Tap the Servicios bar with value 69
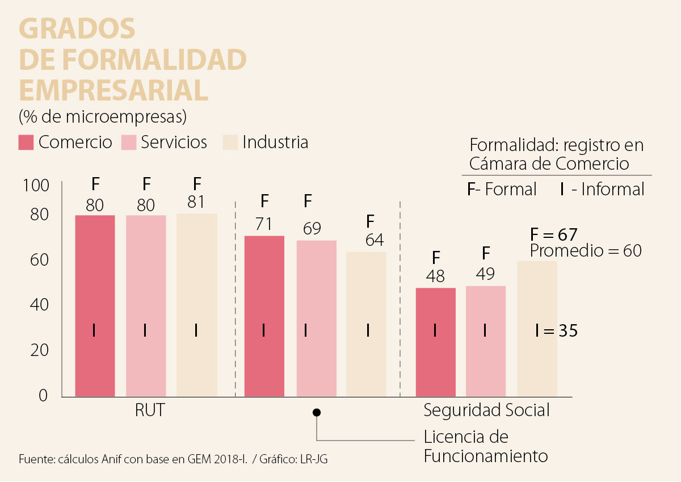[317, 318]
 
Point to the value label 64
[374, 240]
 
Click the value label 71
[263, 224]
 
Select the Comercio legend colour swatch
[26, 142]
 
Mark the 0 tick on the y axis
[43, 396]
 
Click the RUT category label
[150, 410]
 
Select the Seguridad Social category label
[486, 410]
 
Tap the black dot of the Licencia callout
[317, 412]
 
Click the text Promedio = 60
[586, 250]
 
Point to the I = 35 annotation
[556, 330]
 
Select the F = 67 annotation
[553, 234]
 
